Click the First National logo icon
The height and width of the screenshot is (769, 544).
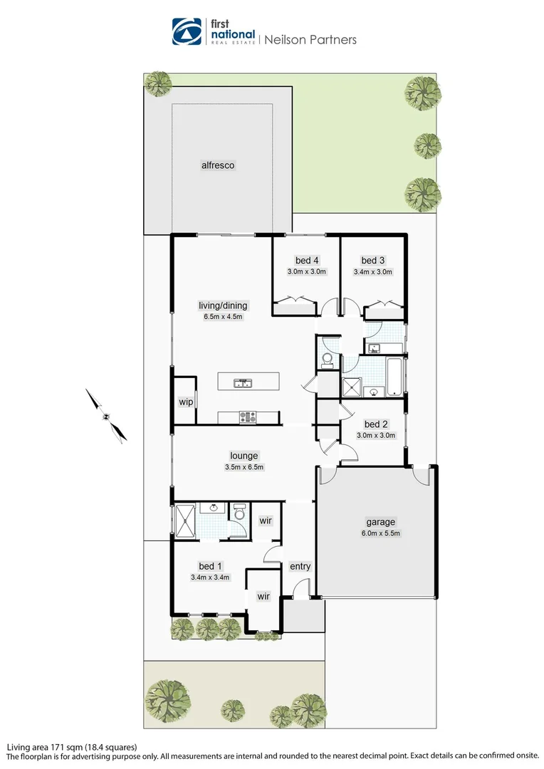(187, 31)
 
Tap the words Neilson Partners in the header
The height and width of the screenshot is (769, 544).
(310, 40)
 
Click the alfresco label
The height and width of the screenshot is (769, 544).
(218, 165)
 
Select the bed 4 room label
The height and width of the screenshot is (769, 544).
(307, 261)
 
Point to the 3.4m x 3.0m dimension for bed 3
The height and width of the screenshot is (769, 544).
(373, 272)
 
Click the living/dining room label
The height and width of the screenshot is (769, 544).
(223, 305)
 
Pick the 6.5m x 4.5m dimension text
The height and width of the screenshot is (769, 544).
(223, 317)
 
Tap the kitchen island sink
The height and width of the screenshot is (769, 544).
(243, 383)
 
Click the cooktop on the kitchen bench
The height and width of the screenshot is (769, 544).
(248, 417)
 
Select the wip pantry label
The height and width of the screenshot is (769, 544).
(186, 402)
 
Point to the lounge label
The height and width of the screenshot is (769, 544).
(244, 456)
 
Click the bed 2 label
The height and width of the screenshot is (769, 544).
(376, 424)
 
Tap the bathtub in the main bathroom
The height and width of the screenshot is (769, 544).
(395, 377)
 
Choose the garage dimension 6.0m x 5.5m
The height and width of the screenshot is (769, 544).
(381, 533)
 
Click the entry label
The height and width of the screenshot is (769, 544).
(300, 567)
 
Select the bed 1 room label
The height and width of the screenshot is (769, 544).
(210, 567)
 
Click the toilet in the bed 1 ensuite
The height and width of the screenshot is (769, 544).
(239, 511)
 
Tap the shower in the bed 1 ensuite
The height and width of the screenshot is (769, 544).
(185, 520)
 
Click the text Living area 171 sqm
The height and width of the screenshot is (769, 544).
(45, 748)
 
